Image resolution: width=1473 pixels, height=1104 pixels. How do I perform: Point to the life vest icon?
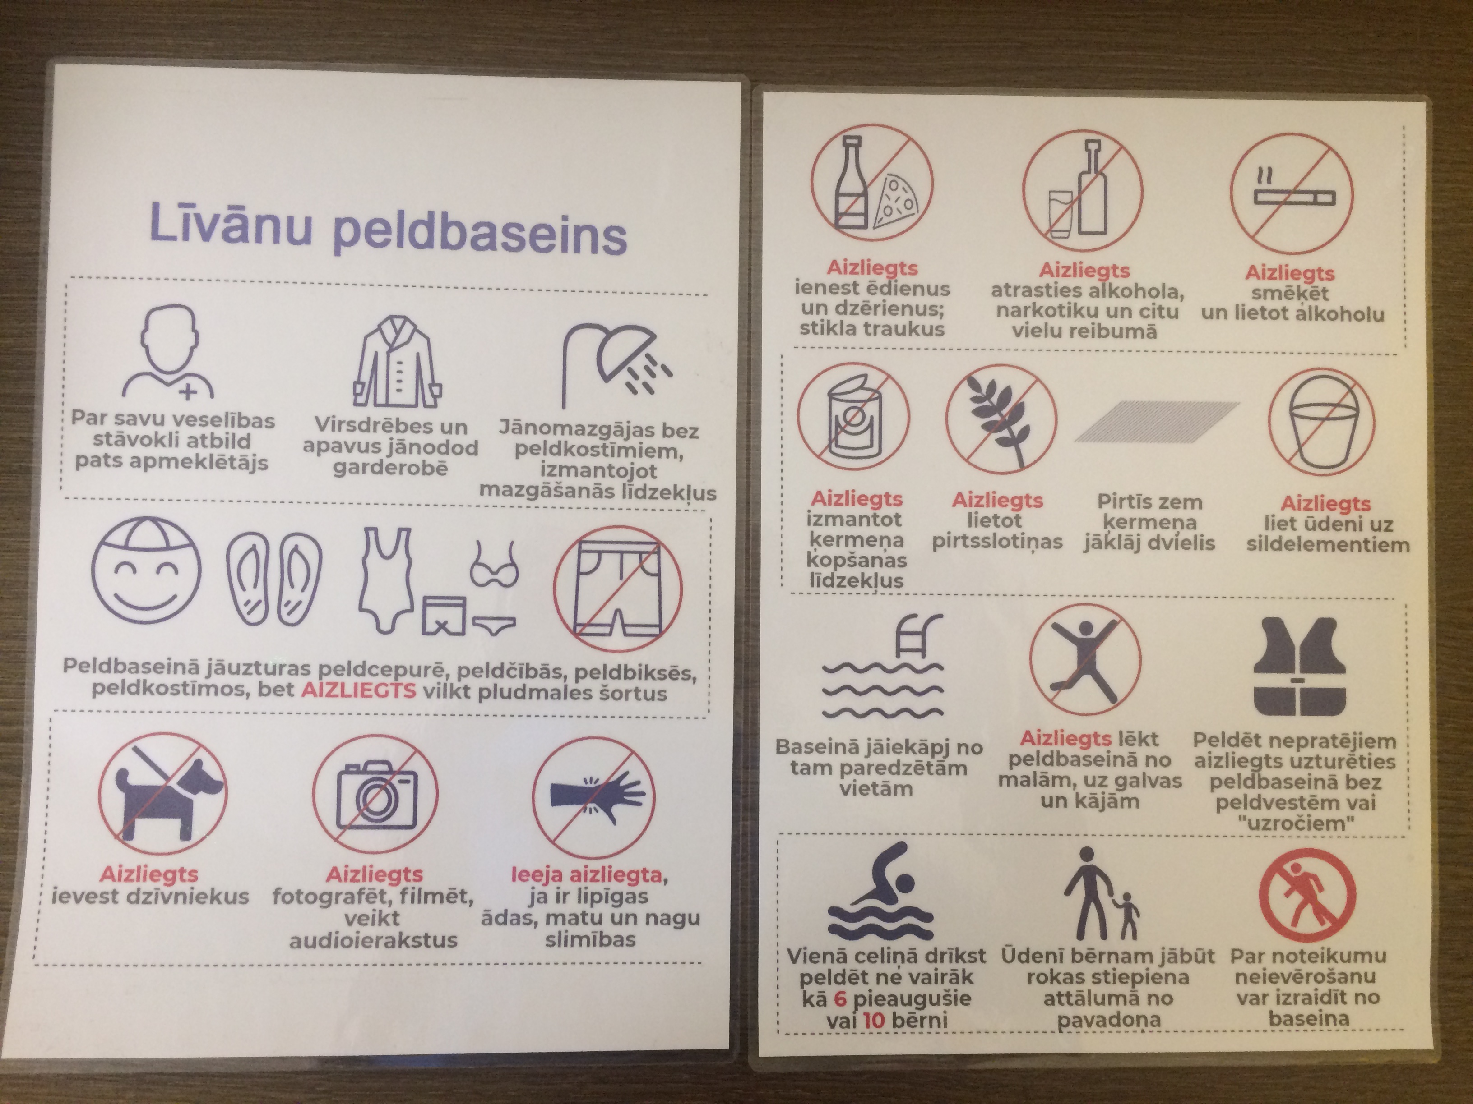coord(1300,666)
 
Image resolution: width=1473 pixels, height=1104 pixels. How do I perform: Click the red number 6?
coord(842,998)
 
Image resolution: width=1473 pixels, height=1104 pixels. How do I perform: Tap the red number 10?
coord(872,1020)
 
